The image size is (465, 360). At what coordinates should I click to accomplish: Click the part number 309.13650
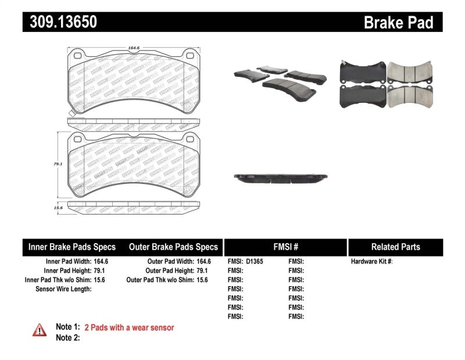pyautogui.click(x=60, y=22)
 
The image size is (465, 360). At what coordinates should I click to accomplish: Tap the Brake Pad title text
pyautogui.click(x=399, y=23)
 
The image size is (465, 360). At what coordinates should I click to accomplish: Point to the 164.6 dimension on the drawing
pyautogui.click(x=135, y=49)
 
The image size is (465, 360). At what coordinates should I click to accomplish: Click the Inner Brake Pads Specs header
pyautogui.click(x=72, y=247)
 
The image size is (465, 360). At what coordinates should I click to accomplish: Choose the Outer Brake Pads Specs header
pyautogui.click(x=173, y=247)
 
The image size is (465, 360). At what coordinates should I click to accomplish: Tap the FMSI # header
pyautogui.click(x=285, y=247)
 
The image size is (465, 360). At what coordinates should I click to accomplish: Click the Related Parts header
pyautogui.click(x=395, y=247)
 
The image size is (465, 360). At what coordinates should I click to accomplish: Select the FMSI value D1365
pyautogui.click(x=255, y=261)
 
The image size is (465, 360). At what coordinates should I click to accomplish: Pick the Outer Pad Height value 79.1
pyautogui.click(x=202, y=270)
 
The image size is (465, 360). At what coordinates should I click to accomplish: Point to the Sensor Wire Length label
pyautogui.click(x=63, y=289)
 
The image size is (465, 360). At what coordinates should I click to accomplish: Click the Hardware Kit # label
pyautogui.click(x=371, y=261)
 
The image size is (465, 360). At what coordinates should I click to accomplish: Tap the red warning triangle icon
pyautogui.click(x=39, y=330)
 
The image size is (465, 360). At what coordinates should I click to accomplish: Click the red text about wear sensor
pyautogui.click(x=129, y=327)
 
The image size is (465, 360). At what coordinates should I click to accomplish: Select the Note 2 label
pyautogui.click(x=67, y=337)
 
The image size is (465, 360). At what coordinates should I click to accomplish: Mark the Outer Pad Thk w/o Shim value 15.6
pyautogui.click(x=202, y=280)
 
